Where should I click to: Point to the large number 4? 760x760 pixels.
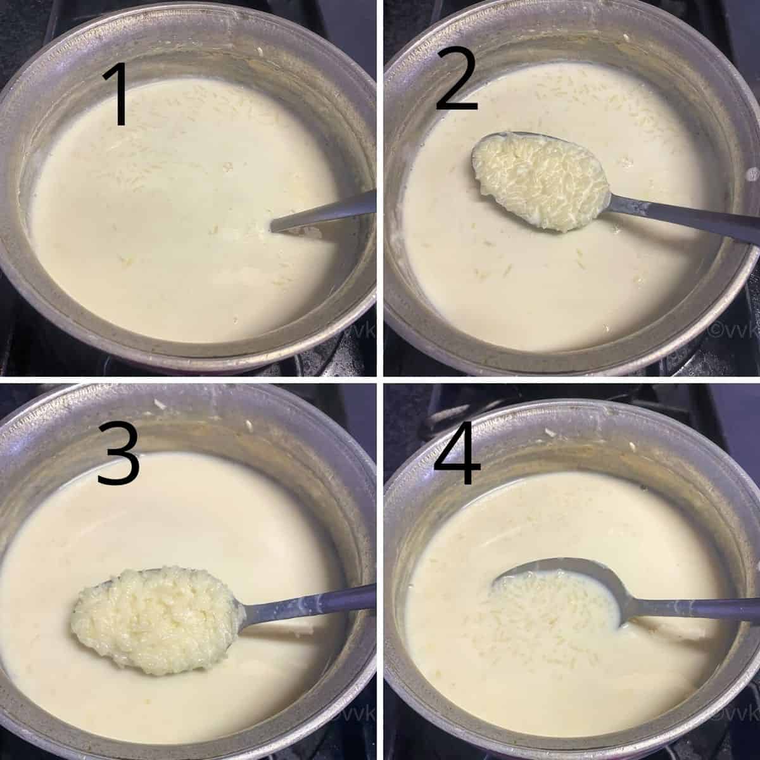click(x=457, y=453)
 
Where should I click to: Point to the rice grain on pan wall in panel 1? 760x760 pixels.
click(x=260, y=51)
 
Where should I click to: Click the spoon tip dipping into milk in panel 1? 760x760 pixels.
click(x=274, y=228)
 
